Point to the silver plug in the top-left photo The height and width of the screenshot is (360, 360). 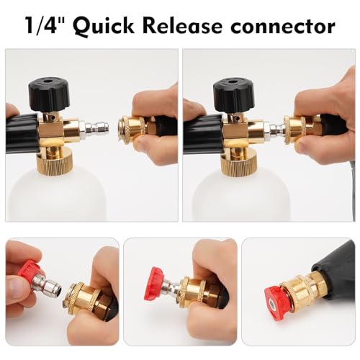(98, 130)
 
